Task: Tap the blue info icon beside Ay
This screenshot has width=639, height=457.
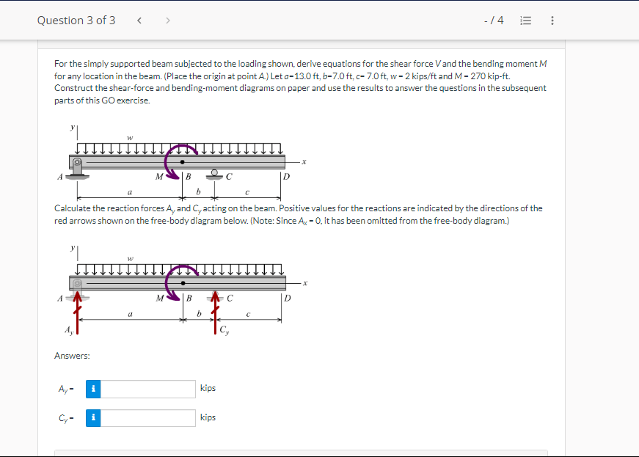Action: (92, 389)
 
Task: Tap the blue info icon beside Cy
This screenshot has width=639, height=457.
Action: (92, 418)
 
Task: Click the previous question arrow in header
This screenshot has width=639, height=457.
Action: (139, 20)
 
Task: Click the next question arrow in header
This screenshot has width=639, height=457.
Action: (167, 20)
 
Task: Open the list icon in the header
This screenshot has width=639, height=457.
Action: (525, 21)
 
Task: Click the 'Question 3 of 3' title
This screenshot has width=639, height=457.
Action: (76, 20)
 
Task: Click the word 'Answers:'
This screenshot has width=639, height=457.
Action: (73, 356)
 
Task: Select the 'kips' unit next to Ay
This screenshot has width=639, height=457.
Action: (208, 388)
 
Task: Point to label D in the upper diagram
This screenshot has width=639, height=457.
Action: (286, 176)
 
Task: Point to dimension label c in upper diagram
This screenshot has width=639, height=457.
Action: (247, 192)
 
